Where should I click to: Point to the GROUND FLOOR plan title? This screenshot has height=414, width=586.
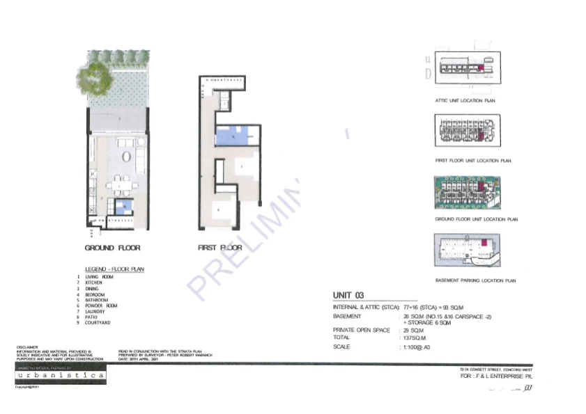coord(112,248)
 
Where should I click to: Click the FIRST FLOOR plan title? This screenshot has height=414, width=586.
coord(220,248)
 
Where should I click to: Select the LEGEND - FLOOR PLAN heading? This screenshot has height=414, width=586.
coord(115,269)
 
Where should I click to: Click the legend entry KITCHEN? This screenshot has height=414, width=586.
coord(93,283)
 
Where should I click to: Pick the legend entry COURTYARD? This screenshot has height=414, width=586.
coord(98,323)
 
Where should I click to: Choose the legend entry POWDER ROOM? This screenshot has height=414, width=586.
coord(101,306)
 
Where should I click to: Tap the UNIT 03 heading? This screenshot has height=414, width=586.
coord(348,296)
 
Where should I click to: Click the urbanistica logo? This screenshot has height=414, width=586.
coord(61,375)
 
